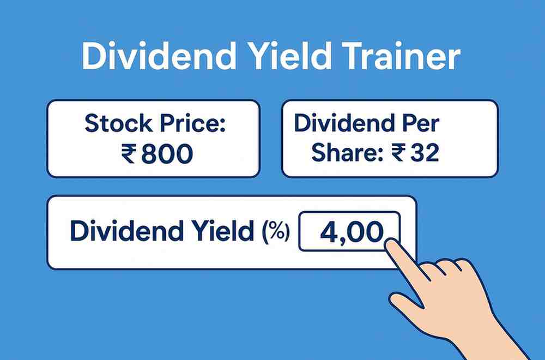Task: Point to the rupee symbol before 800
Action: (129, 154)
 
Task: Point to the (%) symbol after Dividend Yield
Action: (276, 232)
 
